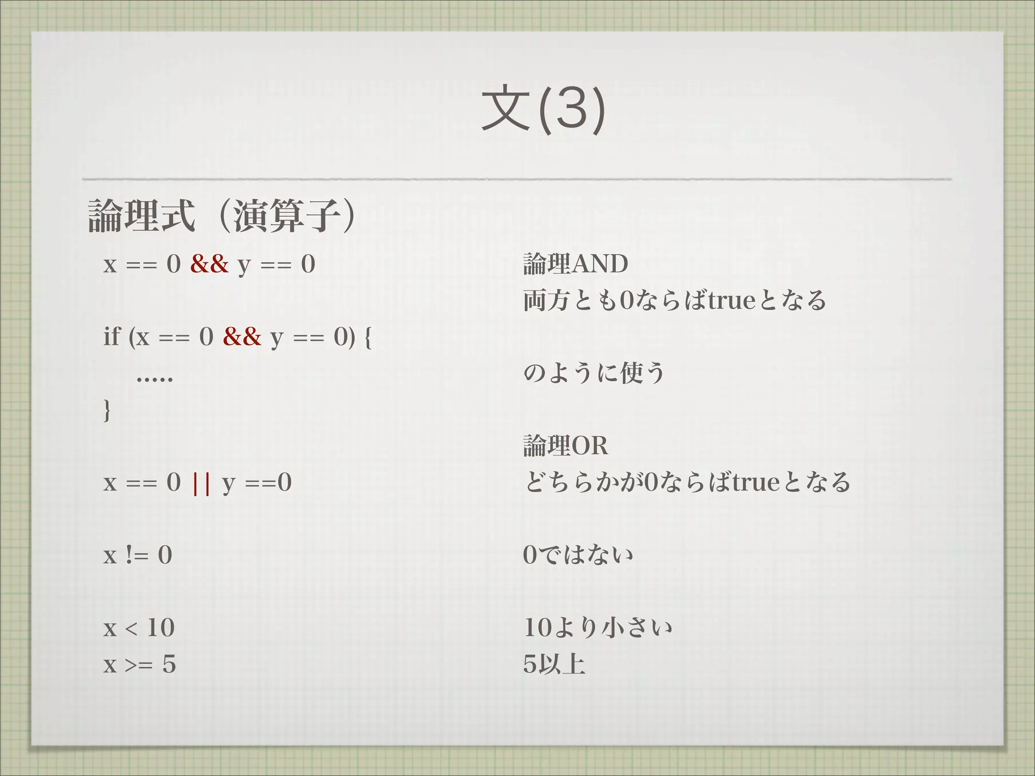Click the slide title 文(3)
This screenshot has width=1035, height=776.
pyautogui.click(x=543, y=109)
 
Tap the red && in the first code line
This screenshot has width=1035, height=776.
pyautogui.click(x=209, y=264)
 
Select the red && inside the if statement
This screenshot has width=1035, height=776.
pyautogui.click(x=242, y=336)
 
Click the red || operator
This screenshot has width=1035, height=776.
pyautogui.click(x=201, y=482)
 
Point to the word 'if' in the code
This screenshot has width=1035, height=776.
pyautogui.click(x=112, y=336)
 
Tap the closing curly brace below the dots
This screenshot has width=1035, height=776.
pyautogui.click(x=107, y=410)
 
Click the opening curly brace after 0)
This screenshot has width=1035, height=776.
pyautogui.click(x=367, y=337)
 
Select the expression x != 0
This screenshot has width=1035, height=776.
pyautogui.click(x=137, y=555)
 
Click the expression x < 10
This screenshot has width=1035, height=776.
pyautogui.click(x=139, y=628)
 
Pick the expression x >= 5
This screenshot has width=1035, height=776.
pyautogui.click(x=139, y=664)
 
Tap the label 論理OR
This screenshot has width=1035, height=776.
pyautogui.click(x=566, y=446)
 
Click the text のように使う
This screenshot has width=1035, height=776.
pyautogui.click(x=594, y=373)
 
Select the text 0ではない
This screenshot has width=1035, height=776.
pyautogui.click(x=578, y=555)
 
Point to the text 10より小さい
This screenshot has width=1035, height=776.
pyautogui.click(x=597, y=628)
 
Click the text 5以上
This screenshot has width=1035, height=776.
pyautogui.click(x=554, y=664)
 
